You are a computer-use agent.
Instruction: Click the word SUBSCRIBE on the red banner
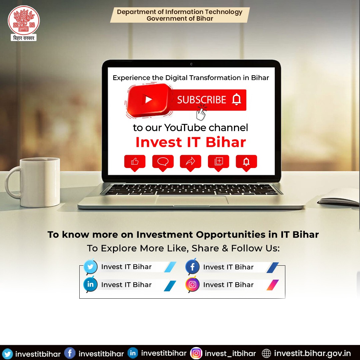[201, 100]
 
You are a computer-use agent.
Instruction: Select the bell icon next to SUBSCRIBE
[236, 100]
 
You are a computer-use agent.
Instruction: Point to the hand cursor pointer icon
[201, 113]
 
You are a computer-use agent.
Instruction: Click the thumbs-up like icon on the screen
[135, 162]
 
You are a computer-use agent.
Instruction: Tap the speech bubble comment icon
[163, 162]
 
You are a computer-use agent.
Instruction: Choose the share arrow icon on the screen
[190, 162]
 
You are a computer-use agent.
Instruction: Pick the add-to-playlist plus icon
[218, 162]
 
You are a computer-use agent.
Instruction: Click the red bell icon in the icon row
[246, 162]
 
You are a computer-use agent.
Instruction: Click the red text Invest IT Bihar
[190, 142]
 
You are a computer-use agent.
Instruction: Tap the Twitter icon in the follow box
[90, 267]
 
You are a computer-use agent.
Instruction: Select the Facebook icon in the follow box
[192, 267]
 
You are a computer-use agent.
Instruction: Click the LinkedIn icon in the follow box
[90, 285]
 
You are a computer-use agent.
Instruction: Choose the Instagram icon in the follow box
[192, 285]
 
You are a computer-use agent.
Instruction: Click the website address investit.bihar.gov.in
[312, 353]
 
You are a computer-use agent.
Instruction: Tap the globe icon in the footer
[266, 353]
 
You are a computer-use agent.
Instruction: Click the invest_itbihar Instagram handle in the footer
[230, 353]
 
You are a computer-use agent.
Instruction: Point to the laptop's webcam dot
[191, 64]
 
